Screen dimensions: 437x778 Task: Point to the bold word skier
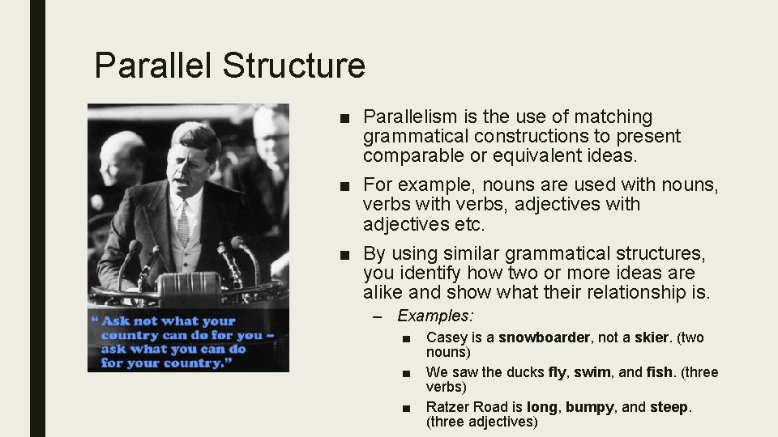(652, 337)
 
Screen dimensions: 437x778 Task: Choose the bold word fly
(557, 372)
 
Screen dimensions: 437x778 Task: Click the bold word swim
(592, 372)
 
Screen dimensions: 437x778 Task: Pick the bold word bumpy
(591, 406)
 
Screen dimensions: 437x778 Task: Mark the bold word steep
(669, 406)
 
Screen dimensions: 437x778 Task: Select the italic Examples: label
(435, 316)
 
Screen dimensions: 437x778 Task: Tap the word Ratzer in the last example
(447, 406)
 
